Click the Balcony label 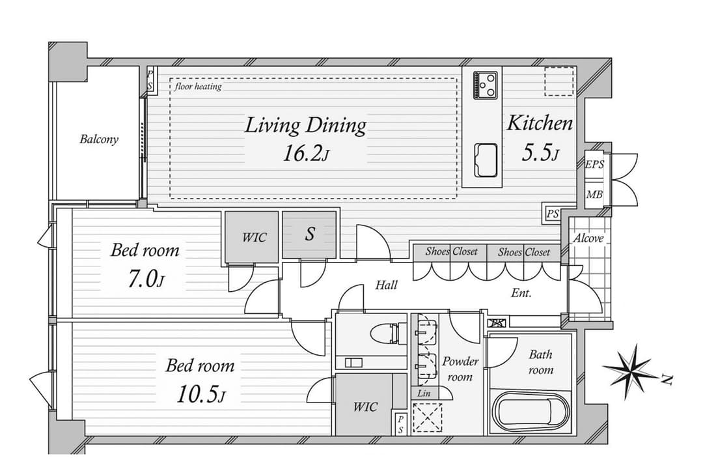tap(99, 139)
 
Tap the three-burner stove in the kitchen tap(485, 85)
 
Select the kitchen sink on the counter tap(485, 160)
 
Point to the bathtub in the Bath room tap(531, 412)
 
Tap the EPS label tap(595, 165)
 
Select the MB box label tap(594, 195)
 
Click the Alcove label tap(588, 238)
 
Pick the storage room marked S tap(309, 234)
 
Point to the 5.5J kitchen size tap(540, 152)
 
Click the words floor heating tap(198, 86)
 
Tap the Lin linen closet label tap(424, 393)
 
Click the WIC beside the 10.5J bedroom tap(365, 407)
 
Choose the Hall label tap(386, 285)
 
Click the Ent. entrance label tap(521, 294)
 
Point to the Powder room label tap(460, 369)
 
